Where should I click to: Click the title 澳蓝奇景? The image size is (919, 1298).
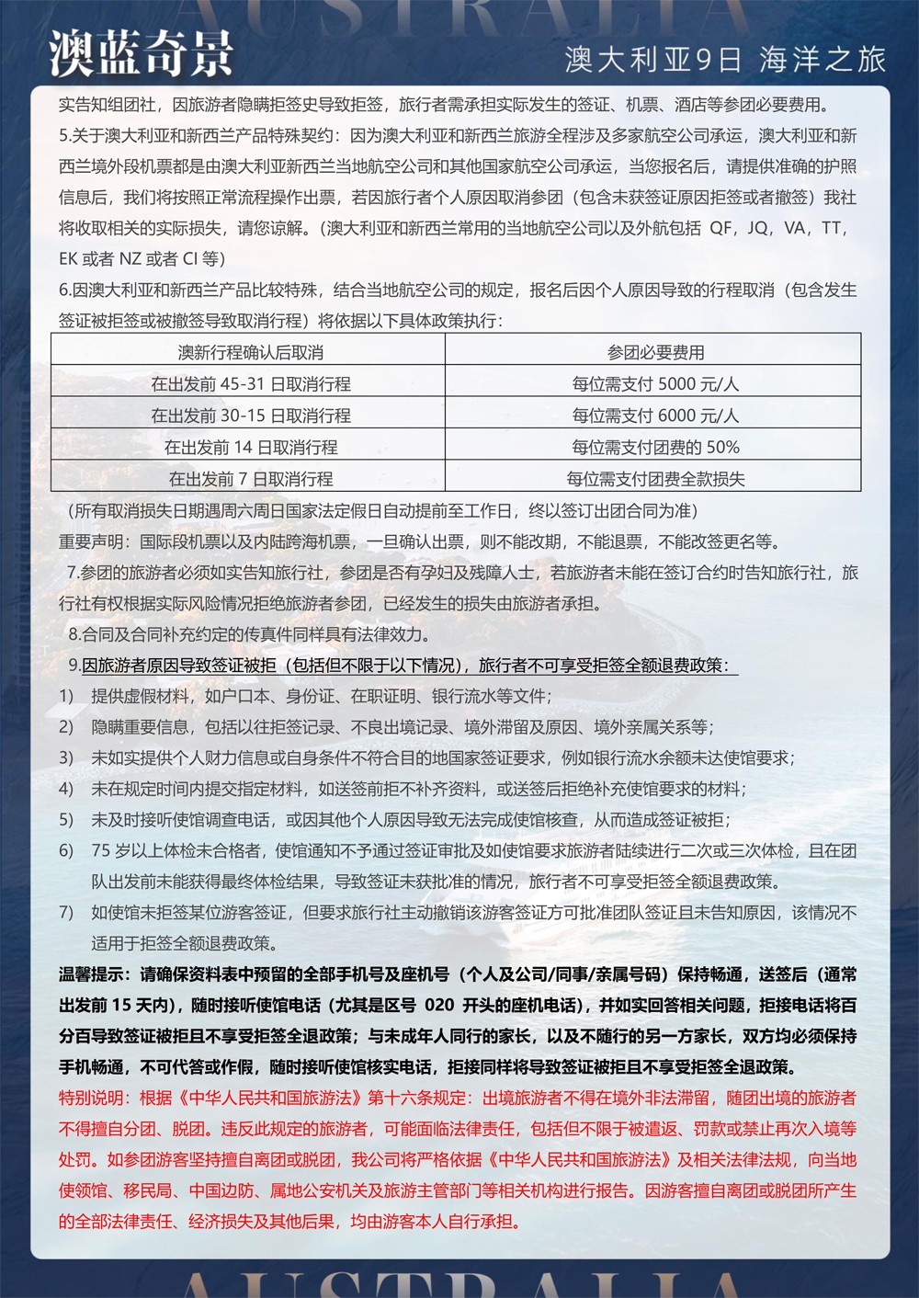[x=142, y=54]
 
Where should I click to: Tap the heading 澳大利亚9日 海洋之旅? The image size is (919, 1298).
[x=725, y=60]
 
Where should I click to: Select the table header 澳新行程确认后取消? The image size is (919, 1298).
[x=250, y=353]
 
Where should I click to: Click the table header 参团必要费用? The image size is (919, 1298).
[x=655, y=353]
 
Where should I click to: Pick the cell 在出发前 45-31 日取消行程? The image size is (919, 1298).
[x=250, y=384]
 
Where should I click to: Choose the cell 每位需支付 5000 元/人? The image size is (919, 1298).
[x=655, y=384]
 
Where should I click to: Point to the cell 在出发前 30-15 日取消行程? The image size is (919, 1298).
[x=250, y=416]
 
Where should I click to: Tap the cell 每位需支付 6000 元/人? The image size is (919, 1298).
[x=655, y=416]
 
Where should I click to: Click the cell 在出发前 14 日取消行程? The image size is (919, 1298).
[x=250, y=448]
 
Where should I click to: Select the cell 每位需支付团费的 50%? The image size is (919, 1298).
[x=655, y=448]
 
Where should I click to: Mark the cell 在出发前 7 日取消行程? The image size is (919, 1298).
[x=250, y=479]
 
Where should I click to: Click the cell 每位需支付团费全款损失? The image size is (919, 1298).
[x=655, y=479]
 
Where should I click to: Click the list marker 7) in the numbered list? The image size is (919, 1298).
[x=66, y=912]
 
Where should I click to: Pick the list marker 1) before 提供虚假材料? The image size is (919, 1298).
[x=66, y=696]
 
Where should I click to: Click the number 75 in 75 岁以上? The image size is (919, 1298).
[x=100, y=850]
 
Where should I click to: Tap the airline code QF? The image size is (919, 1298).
[x=720, y=228]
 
